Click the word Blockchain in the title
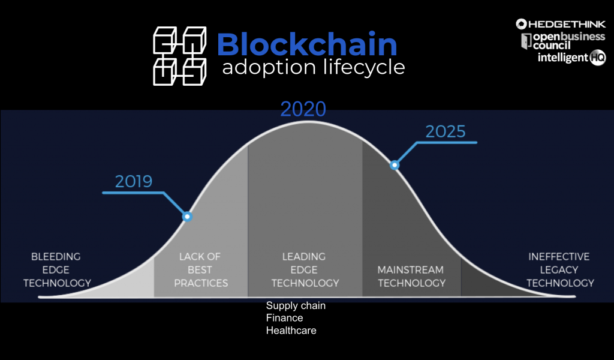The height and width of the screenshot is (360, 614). (307, 44)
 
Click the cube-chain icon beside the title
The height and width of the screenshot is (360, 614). (180, 56)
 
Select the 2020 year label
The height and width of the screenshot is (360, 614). (303, 109)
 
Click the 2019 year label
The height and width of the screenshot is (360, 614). (134, 181)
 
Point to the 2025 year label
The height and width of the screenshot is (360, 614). (446, 131)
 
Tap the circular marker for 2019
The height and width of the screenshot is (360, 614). (187, 216)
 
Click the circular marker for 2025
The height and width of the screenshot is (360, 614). (395, 165)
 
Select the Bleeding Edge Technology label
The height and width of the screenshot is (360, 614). (57, 270)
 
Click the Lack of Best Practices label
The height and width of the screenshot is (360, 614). (201, 270)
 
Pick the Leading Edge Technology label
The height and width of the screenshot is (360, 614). (305, 270)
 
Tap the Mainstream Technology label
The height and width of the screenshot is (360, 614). (411, 277)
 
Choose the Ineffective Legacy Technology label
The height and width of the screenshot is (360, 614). (560, 270)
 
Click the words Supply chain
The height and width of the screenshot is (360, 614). (296, 305)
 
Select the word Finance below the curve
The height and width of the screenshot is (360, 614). (284, 317)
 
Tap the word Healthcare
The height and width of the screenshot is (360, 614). (291, 330)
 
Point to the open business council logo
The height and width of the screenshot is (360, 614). (563, 41)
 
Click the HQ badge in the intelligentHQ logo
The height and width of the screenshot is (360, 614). (598, 58)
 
